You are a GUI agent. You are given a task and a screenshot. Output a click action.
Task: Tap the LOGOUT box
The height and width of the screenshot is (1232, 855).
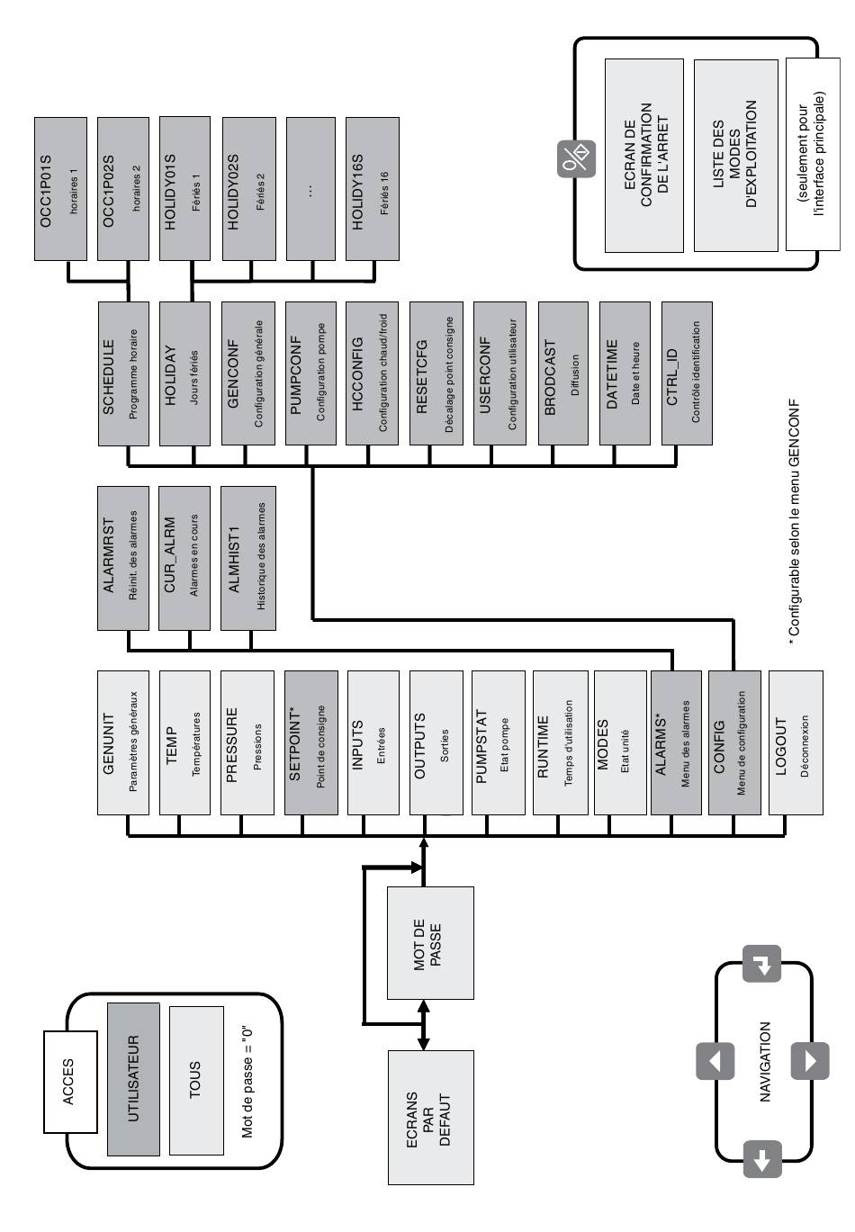coord(794,742)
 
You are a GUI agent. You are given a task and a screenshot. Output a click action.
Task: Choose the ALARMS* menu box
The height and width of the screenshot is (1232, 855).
coord(674,742)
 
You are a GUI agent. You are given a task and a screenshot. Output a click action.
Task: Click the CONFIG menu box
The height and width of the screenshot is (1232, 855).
coord(733,742)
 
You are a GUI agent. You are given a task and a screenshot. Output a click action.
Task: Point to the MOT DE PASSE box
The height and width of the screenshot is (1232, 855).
coord(429,943)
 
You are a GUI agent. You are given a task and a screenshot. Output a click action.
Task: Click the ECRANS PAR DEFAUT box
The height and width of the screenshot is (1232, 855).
coord(429,1118)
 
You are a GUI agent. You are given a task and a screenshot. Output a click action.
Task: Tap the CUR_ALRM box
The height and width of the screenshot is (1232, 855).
coord(184,559)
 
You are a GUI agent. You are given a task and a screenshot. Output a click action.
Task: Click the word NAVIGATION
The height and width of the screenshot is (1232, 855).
coord(764,1062)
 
